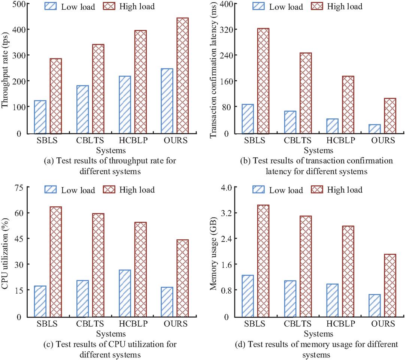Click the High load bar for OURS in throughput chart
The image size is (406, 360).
pyautogui.click(x=182, y=75)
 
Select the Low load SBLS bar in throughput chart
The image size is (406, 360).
pyautogui.click(x=40, y=117)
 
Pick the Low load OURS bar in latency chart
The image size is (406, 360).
pyautogui.click(x=374, y=128)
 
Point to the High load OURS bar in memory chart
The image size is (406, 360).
pyautogui.click(x=390, y=285)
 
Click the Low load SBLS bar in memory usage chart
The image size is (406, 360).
pyautogui.click(x=248, y=296)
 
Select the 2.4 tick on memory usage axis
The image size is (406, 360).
pyautogui.click(x=225, y=239)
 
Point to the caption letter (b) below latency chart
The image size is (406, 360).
pyautogui.click(x=246, y=161)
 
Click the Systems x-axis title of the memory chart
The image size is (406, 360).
pyautogui.click(x=318, y=333)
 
